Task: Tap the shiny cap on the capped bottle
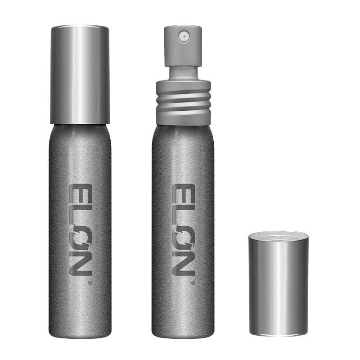[80, 75]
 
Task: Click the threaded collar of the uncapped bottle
[184, 103]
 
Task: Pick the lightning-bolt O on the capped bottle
[81, 237]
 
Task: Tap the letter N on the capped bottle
[81, 263]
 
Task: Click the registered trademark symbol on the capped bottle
[90, 283]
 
